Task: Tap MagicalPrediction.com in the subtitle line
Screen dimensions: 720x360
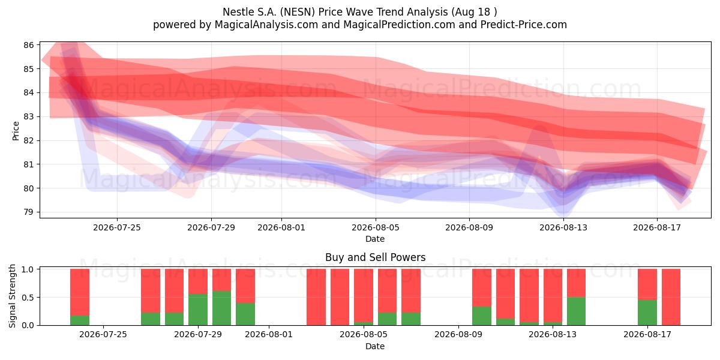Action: [x=399, y=25]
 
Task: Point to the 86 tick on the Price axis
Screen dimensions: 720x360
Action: [x=29, y=45]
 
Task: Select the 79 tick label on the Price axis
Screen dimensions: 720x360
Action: [x=29, y=212]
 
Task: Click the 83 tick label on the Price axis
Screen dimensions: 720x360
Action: [x=29, y=116]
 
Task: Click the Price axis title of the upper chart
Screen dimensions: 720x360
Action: [x=16, y=131]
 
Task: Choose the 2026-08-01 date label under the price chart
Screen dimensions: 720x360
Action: [x=281, y=227]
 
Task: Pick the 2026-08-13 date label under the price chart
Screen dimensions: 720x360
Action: [x=563, y=227]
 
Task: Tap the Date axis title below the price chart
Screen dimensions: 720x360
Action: [x=375, y=239]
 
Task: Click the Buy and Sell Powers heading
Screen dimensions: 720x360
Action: [x=375, y=257]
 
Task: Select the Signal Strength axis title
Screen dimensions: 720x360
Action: [x=12, y=296]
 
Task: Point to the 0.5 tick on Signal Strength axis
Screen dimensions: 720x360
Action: [x=28, y=298]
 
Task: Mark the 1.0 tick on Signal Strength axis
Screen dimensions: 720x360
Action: [x=28, y=269]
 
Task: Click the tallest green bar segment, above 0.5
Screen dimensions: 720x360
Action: [x=221, y=308]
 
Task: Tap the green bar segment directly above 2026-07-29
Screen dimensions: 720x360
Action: [x=197, y=310]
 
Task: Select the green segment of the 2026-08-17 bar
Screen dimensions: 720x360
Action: [x=647, y=313]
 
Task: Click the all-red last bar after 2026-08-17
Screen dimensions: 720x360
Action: [x=671, y=297]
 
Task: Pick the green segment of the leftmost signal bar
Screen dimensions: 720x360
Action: [x=80, y=320]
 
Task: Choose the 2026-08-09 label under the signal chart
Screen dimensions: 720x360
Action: [x=458, y=335]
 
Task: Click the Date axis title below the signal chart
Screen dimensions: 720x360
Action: [x=375, y=346]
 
